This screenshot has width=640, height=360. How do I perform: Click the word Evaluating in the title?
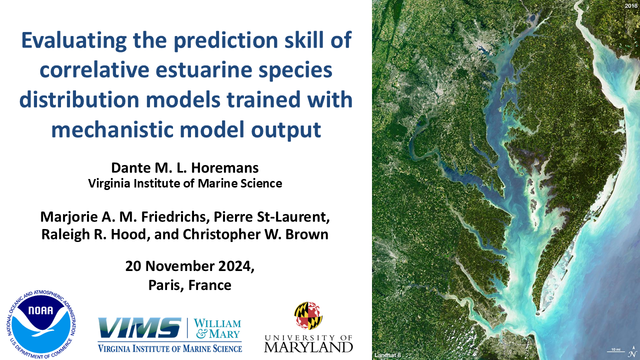74,40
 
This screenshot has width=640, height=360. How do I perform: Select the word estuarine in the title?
204,70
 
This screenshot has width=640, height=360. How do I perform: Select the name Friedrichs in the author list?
173,217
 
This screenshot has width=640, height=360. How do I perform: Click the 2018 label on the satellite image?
631,5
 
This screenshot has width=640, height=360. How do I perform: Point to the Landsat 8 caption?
387,355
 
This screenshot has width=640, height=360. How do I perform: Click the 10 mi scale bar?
615,351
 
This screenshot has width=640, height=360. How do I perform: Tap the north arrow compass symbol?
631,353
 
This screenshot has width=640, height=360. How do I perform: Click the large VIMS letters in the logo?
139,327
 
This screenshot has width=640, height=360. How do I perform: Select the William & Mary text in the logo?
217,328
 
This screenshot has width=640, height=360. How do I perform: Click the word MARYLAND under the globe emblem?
308,347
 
